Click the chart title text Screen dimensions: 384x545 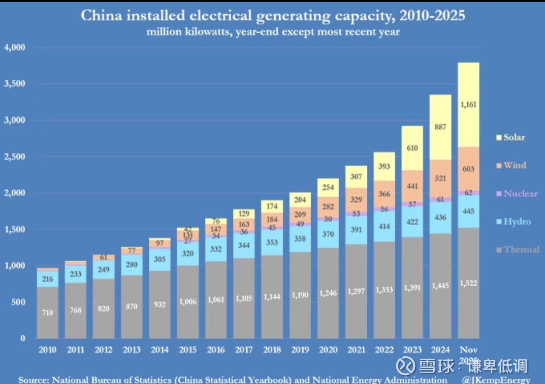(272, 16)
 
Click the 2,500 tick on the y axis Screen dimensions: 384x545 (15, 156)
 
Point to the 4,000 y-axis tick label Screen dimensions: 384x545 (15, 47)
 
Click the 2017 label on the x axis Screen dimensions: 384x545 (244, 350)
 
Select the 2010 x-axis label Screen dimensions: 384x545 (47, 350)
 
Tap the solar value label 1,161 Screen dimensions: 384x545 (469, 105)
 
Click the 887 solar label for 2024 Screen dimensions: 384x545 (441, 127)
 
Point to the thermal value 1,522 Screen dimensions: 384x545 (469, 283)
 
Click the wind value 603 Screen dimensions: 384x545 (469, 169)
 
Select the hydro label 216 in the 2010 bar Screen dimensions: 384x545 (47, 279)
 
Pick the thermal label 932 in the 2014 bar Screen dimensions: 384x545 (160, 304)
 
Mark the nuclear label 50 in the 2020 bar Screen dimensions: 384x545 (328, 219)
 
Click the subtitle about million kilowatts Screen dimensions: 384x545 (272, 32)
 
